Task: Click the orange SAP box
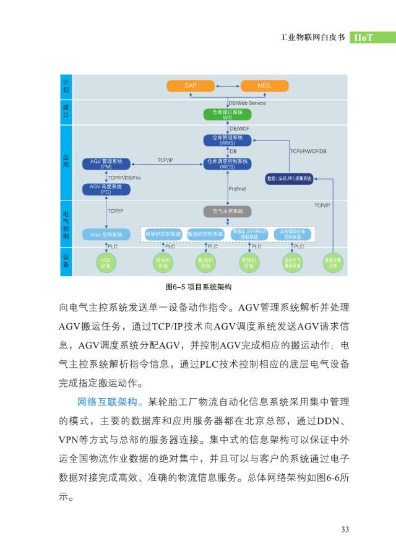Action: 191,85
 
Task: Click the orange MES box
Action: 264,85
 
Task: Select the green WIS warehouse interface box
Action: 227,115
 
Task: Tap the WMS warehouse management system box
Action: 227,140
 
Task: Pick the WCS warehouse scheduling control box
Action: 227,163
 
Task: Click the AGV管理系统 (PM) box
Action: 106,163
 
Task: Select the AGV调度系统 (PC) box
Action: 106,189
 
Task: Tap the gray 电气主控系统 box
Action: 227,211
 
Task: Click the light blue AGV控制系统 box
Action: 106,235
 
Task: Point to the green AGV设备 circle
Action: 106,262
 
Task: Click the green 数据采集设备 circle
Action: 333,262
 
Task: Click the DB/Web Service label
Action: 247,103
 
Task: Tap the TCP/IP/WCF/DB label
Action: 308,151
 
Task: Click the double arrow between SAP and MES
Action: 228,85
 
